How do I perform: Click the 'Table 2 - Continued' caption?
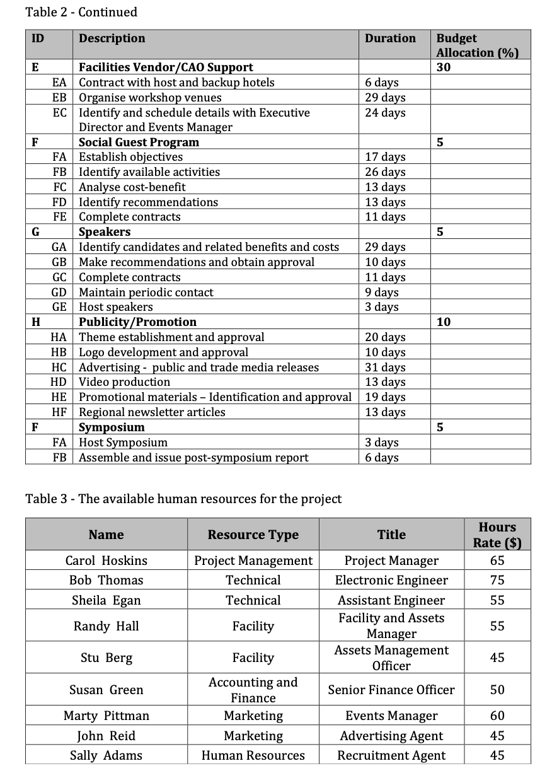[x=81, y=12]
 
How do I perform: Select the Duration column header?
[x=390, y=38]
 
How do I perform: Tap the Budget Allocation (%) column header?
[x=477, y=45]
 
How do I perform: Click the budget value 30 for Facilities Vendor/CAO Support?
[x=444, y=67]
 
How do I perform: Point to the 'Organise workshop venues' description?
[x=150, y=98]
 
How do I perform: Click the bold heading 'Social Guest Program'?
[x=139, y=142]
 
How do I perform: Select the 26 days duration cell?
[x=385, y=172]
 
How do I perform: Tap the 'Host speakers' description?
[x=116, y=307]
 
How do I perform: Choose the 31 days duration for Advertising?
[x=385, y=367]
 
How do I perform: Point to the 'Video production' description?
[x=124, y=382]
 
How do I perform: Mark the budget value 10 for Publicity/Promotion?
[x=444, y=322]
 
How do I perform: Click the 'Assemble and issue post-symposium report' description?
[x=193, y=458]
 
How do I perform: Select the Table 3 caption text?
[x=183, y=499]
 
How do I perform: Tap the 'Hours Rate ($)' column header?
[x=497, y=535]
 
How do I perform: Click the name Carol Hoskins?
[x=106, y=560]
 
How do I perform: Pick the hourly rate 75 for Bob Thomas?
[x=497, y=580]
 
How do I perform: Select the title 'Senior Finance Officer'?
[x=391, y=690]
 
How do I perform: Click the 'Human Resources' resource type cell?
[x=253, y=755]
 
